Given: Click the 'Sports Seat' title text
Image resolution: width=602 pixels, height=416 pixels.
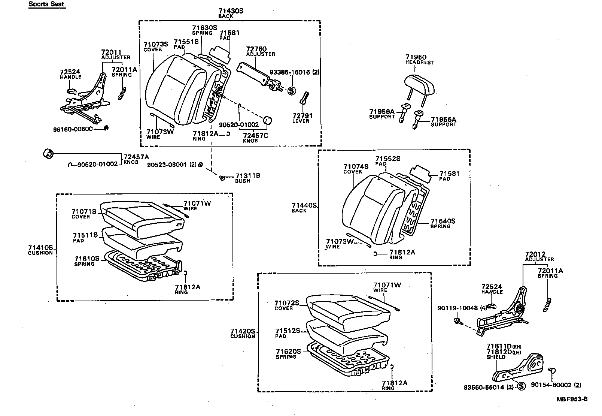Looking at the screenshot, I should point(46,4).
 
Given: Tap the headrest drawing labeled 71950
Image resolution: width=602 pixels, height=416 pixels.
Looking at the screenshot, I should point(420,84).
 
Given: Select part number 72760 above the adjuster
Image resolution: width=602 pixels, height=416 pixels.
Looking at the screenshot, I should point(256,49).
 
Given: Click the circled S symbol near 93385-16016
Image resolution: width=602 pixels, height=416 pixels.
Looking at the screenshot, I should point(291,91).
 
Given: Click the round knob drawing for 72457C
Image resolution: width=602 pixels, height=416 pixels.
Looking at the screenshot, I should point(268,120).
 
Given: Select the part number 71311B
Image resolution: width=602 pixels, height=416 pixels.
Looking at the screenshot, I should point(247,176).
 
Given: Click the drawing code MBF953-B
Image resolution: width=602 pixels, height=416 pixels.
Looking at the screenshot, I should point(572,399).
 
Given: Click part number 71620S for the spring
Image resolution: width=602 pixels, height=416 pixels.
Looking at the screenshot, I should point(288,352).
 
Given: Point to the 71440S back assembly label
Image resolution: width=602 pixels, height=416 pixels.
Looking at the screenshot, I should point(304,205).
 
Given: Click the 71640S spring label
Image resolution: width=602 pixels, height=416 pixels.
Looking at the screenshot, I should point(443,221).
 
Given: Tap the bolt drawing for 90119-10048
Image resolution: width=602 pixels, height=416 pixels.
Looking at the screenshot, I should point(457,321).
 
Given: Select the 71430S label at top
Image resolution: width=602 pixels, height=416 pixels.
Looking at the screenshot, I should point(231,11).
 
